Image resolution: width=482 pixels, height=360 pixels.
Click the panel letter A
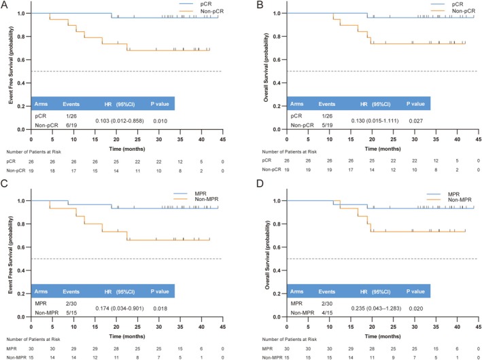(x=5, y=4)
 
